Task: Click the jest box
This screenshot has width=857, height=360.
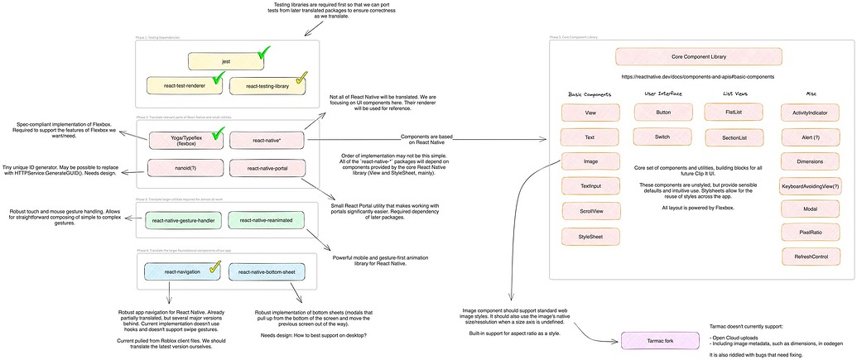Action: tap(225, 61)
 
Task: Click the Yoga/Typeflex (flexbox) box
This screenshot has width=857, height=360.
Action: tap(185, 141)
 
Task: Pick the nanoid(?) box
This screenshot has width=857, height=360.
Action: tap(185, 168)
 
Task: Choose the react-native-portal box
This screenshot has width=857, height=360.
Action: tap(267, 168)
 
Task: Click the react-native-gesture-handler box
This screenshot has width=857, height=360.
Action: tap(185, 220)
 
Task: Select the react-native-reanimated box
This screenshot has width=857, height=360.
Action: tap(267, 220)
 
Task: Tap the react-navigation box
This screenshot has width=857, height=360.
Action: tap(185, 271)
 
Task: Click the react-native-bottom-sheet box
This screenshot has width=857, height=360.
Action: tap(267, 271)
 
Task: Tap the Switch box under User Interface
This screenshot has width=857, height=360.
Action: tap(662, 137)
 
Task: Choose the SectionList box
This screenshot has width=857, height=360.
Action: tap(733, 137)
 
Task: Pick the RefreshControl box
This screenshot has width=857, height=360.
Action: tap(810, 257)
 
